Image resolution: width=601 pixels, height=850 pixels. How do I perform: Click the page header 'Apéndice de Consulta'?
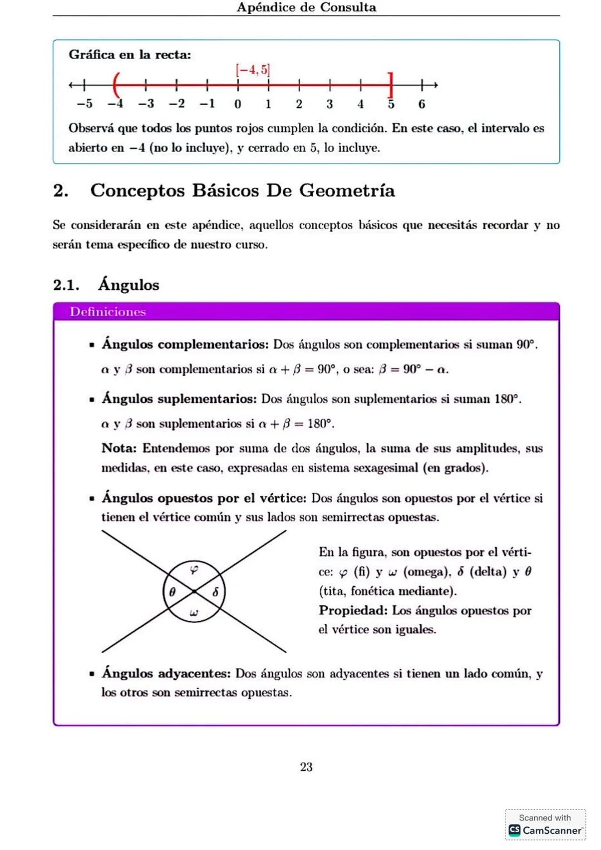[x=306, y=7]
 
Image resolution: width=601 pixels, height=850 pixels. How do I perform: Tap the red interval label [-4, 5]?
[x=253, y=70]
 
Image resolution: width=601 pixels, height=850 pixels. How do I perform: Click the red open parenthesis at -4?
[x=116, y=85]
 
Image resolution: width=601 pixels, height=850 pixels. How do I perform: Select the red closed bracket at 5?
[x=391, y=85]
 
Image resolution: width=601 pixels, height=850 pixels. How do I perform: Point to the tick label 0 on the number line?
[x=238, y=104]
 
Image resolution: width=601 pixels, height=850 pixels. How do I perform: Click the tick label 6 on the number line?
[x=422, y=104]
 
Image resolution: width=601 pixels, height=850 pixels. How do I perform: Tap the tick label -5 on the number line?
[x=85, y=104]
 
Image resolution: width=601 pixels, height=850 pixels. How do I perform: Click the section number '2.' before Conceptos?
[x=61, y=191]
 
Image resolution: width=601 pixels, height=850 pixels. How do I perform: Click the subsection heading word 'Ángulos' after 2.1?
[x=129, y=285]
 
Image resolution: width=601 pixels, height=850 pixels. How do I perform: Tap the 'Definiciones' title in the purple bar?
[x=107, y=312]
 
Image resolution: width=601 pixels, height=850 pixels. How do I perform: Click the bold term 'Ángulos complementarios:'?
[x=185, y=344]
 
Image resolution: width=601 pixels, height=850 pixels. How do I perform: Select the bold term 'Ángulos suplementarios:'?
[x=179, y=399]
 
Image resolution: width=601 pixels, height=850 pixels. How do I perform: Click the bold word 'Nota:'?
[x=119, y=448]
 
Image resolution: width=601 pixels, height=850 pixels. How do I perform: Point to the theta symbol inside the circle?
[x=172, y=592]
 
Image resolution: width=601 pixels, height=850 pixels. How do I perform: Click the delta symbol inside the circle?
[x=215, y=592]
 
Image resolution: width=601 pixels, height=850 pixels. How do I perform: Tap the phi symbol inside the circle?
[x=194, y=569]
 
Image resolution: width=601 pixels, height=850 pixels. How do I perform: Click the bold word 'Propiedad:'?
[x=353, y=610]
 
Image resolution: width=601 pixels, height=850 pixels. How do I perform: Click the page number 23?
[x=306, y=767]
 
